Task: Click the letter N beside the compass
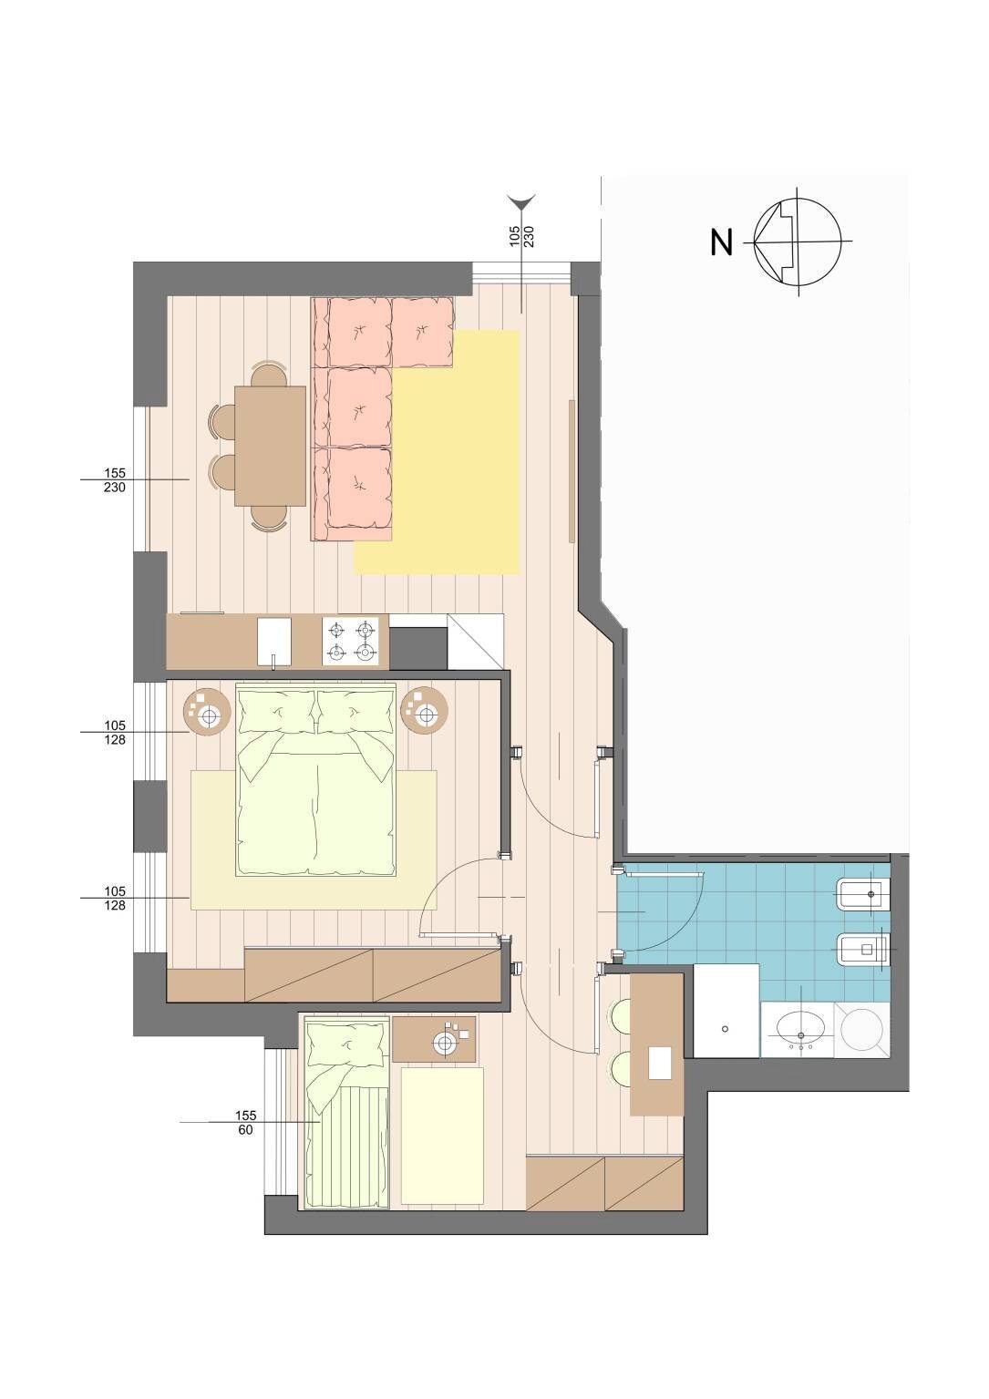pos(721,243)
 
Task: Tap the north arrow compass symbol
pos(797,242)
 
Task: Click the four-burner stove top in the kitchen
pos(352,640)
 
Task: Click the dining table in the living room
pos(270,445)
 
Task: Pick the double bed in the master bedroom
pos(316,780)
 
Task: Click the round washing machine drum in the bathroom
pos(862,1030)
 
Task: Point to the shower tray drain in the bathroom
pos(725,1029)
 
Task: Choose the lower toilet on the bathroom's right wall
pos(864,951)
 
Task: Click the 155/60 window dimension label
pos(246,1122)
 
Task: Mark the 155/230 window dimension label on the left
pos(115,480)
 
